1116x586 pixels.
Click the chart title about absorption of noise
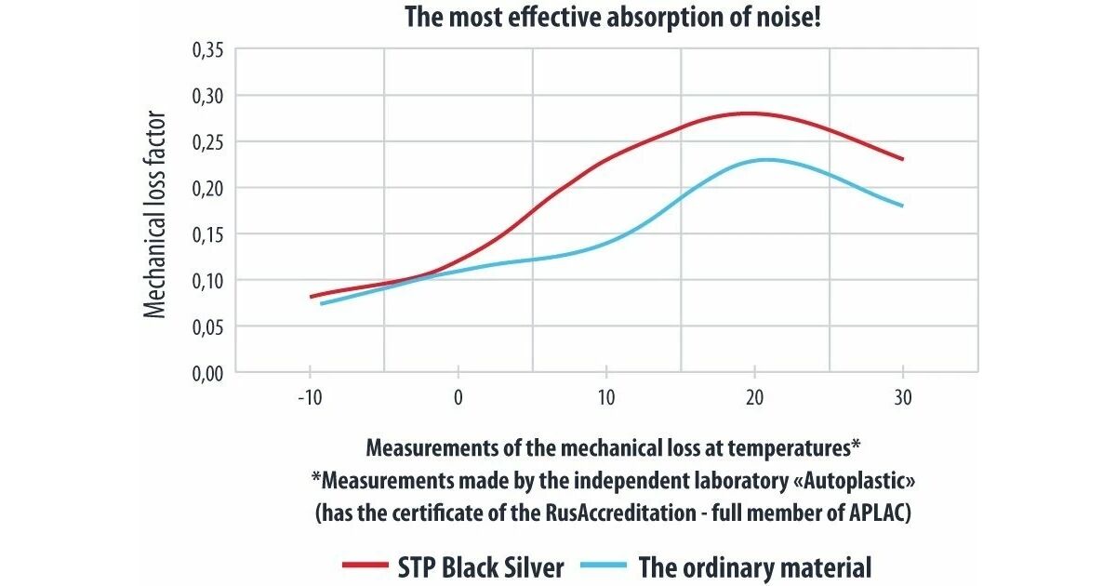(x=613, y=18)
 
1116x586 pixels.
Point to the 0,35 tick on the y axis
(x=208, y=50)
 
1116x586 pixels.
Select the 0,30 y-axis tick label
(x=208, y=96)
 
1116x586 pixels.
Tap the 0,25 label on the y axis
(x=208, y=142)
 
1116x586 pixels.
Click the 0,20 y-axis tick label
(x=208, y=188)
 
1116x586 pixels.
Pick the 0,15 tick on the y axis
(x=208, y=234)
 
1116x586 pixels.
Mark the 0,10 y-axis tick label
(x=208, y=280)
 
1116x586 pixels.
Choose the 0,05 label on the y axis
(x=208, y=326)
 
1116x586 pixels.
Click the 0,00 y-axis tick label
(x=208, y=372)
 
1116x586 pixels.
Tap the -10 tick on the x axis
(x=310, y=399)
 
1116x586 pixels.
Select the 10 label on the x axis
(x=606, y=399)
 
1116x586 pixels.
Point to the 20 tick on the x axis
(x=755, y=399)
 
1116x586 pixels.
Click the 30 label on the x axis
(x=903, y=399)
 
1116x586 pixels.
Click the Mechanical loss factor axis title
(x=156, y=214)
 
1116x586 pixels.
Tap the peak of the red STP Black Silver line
(x=746, y=113)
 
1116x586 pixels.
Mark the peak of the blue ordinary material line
(x=764, y=160)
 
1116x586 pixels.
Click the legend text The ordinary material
(x=754, y=566)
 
